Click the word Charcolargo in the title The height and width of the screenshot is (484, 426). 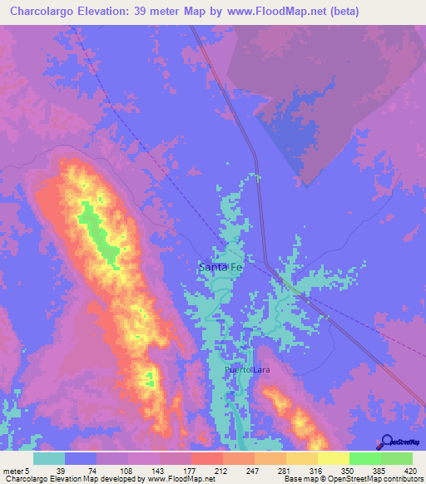[37, 11]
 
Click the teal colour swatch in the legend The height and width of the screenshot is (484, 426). [49, 458]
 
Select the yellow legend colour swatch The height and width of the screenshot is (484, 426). [333, 458]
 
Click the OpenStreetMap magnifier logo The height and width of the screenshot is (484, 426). [386, 442]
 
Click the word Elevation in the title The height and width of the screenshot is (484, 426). [103, 11]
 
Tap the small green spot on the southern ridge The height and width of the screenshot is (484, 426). [151, 380]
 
